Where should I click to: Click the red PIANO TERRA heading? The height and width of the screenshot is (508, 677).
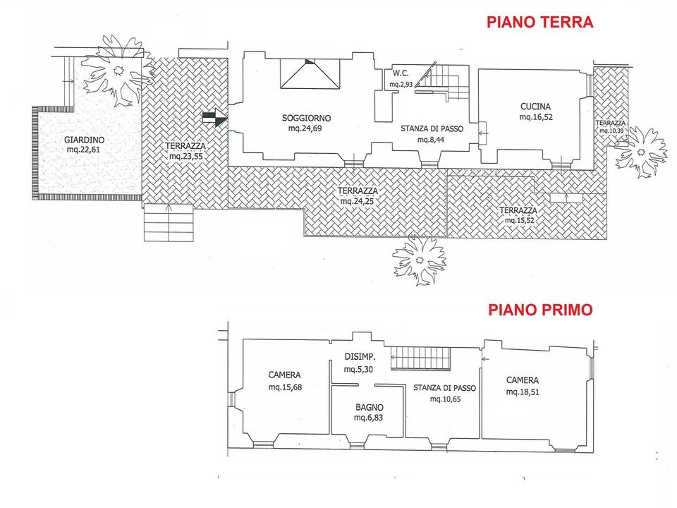coord(539,22)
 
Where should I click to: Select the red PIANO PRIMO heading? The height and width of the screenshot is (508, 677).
coord(540,310)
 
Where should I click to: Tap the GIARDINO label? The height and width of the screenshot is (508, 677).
coord(84,140)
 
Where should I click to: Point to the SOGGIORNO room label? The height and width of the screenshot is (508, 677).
coord(307,118)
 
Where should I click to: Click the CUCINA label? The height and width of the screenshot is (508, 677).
coord(535,107)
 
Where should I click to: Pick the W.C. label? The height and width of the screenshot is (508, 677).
coord(401,73)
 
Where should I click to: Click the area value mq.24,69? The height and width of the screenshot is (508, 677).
coord(305,128)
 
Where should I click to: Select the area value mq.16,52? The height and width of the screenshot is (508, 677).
coord(536,117)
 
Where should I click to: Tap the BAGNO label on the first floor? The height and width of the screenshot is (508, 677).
coord(370,407)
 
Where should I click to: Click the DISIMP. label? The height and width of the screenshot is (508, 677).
coord(360,357)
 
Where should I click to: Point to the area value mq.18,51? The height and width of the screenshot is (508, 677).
coord(523,392)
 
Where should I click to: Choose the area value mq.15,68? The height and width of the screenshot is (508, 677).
coord(285,387)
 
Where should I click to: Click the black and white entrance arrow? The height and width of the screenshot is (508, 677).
coord(215,119)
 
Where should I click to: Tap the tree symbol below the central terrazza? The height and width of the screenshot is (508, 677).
coord(419,260)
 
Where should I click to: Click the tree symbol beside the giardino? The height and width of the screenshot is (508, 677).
coord(118,70)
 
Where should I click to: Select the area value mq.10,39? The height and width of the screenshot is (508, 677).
coord(611,131)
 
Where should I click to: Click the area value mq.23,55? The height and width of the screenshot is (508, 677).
coord(185,157)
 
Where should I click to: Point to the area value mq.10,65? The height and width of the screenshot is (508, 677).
coord(445,399)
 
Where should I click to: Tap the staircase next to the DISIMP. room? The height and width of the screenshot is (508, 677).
coord(421,358)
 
